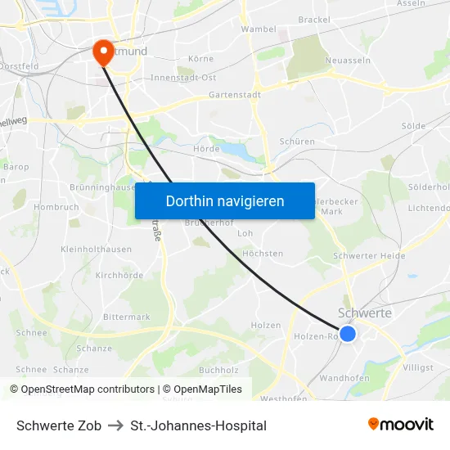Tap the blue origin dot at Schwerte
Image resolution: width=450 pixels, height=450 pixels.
pyautogui.click(x=348, y=334)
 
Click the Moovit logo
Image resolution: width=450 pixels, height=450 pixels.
pyautogui.click(x=400, y=425)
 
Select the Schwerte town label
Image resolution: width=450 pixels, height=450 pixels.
pyautogui.click(x=364, y=313)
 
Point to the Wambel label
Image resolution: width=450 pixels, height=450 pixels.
pyautogui.click(x=258, y=29)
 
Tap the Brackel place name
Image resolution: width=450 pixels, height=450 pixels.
pyautogui.click(x=314, y=20)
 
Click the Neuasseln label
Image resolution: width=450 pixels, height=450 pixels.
pyautogui.click(x=348, y=61)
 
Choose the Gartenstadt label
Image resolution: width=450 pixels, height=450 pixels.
pyautogui.click(x=234, y=95)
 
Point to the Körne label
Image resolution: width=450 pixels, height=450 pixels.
pyautogui.click(x=200, y=59)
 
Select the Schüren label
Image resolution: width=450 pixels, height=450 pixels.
pyautogui.click(x=296, y=142)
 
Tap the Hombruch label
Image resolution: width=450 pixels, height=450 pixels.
pyautogui.click(x=56, y=207)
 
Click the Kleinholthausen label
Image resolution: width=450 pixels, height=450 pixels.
pyautogui.click(x=96, y=250)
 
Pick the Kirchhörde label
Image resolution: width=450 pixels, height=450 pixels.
pyautogui.click(x=119, y=276)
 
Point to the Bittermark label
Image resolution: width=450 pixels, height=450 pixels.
pyautogui.click(x=127, y=317)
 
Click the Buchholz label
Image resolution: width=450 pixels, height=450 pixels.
pyautogui.click(x=218, y=370)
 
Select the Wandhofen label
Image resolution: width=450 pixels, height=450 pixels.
pyautogui.click(x=344, y=378)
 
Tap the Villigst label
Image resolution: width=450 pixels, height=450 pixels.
pyautogui.click(x=418, y=367)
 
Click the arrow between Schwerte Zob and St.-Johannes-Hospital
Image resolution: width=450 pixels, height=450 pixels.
pyautogui.click(x=115, y=425)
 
